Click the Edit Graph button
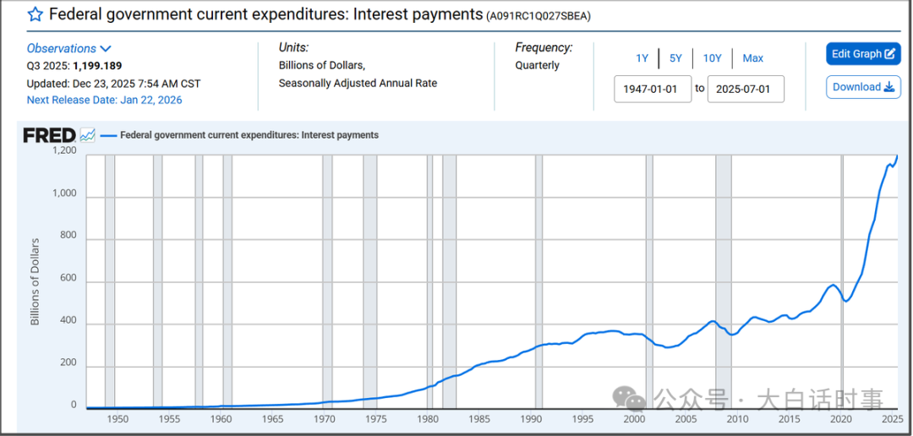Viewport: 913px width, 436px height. tap(863, 54)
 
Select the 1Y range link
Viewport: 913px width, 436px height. tap(642, 58)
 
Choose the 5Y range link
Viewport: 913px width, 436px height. tap(675, 58)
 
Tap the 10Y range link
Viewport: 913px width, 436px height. tap(712, 58)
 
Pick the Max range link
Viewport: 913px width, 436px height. tap(752, 58)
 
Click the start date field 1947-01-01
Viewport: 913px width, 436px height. tap(652, 89)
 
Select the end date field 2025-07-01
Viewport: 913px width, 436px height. tap(745, 89)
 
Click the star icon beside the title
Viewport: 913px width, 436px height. tap(36, 14)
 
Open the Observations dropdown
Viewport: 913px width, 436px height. tap(68, 49)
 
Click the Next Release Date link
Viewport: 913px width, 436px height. tap(104, 100)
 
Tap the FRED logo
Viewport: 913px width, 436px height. tap(50, 135)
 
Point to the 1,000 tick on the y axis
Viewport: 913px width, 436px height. tap(64, 193)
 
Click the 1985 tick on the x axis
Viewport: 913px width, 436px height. tap(479, 419)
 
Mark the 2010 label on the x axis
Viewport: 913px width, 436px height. tap(738, 419)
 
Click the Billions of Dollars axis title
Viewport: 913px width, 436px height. tap(36, 281)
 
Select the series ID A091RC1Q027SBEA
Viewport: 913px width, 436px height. tap(539, 16)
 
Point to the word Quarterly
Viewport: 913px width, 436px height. tap(538, 65)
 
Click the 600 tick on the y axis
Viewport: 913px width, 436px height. tap(68, 278)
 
